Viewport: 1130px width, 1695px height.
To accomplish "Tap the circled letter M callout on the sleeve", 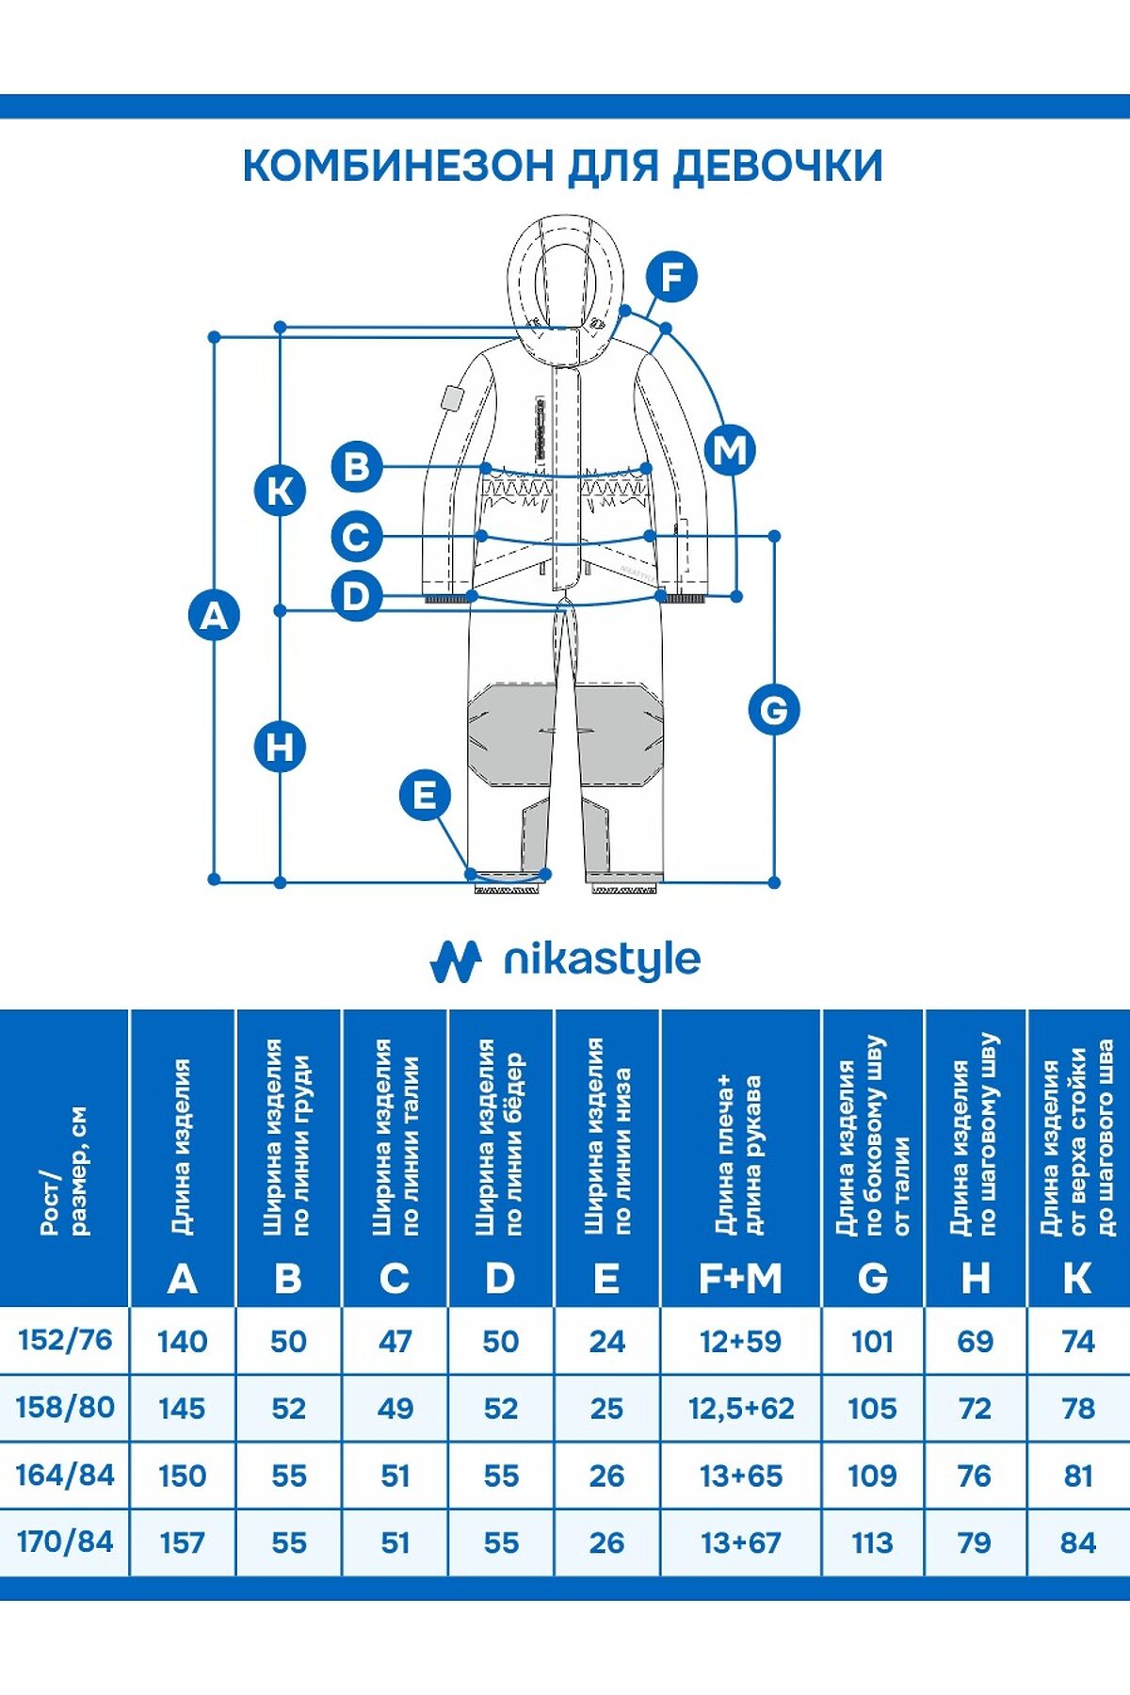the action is pyautogui.click(x=731, y=449).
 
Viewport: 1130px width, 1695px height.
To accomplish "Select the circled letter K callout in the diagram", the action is pyautogui.click(x=280, y=491).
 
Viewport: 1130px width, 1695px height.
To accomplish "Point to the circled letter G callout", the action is pyautogui.click(x=774, y=709).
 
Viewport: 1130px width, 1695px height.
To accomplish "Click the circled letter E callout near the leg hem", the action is pyautogui.click(x=425, y=796).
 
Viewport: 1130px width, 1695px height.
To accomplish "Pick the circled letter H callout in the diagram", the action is pyautogui.click(x=280, y=747).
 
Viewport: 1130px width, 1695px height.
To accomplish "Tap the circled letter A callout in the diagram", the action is pyautogui.click(x=215, y=615).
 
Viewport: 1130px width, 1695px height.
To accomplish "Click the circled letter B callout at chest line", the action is pyautogui.click(x=357, y=466).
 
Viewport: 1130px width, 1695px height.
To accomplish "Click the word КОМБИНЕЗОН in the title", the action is pyautogui.click(x=397, y=166).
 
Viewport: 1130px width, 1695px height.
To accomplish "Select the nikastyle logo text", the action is pyautogui.click(x=603, y=960).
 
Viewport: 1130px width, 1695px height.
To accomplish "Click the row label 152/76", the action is pyautogui.click(x=65, y=1339).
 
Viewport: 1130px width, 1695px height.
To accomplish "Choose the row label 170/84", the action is pyautogui.click(x=65, y=1542).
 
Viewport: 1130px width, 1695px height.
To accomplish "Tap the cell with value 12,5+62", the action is pyautogui.click(x=741, y=1408).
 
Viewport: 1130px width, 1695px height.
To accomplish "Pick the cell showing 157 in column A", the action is pyautogui.click(x=182, y=1542).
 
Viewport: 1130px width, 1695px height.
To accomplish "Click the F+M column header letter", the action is pyautogui.click(x=741, y=1278).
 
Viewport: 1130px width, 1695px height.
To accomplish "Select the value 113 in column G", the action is pyautogui.click(x=872, y=1542).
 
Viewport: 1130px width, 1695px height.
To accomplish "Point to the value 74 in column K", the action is pyautogui.click(x=1077, y=1341).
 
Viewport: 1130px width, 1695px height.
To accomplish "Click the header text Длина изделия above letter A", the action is pyautogui.click(x=181, y=1147).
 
